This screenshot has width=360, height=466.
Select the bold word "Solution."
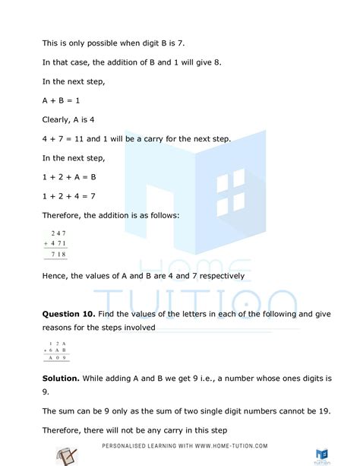pos(64,378)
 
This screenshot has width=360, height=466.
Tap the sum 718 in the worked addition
pos(58,255)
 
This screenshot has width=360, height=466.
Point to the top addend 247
pos(58,233)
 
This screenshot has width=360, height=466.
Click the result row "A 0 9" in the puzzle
pos(57,357)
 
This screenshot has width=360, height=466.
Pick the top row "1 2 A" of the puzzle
pos(57,342)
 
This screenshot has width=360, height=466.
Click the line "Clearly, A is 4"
pos(75,119)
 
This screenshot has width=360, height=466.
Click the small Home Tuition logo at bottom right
pos(322,454)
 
